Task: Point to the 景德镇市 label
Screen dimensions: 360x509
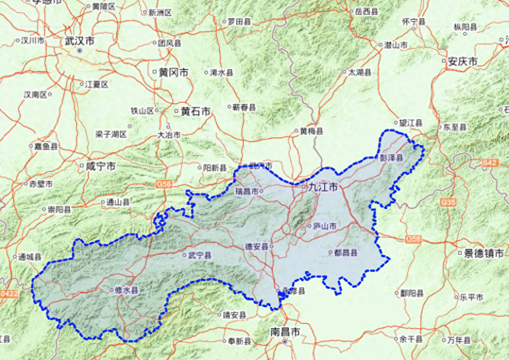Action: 484,253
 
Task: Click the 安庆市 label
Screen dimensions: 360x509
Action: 462,62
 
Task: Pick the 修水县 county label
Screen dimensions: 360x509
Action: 127,291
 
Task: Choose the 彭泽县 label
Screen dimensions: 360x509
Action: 392,158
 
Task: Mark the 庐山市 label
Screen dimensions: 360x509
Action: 325,226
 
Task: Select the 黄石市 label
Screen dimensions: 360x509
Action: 195,112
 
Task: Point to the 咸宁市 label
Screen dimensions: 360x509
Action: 101,166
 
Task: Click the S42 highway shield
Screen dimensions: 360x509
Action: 490,164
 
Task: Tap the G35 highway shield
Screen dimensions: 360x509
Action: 448,201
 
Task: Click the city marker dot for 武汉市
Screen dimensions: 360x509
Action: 80,50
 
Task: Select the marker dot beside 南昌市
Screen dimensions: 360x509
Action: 285,342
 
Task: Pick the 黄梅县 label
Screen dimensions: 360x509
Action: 311,131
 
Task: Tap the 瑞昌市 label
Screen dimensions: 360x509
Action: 247,192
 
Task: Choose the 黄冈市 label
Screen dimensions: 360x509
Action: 174,73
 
